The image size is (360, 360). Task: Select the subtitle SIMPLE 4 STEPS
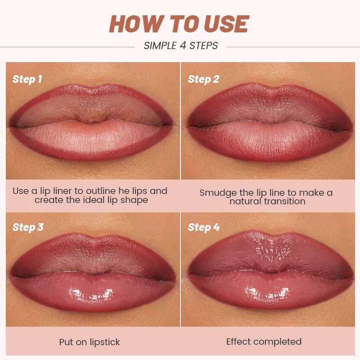point(181,45)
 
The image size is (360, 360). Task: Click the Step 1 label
point(27,80)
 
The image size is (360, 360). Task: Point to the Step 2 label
point(203,80)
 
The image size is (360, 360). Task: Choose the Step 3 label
point(28,227)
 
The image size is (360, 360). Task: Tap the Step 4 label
point(203,227)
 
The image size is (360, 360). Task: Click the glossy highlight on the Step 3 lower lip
point(90,295)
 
